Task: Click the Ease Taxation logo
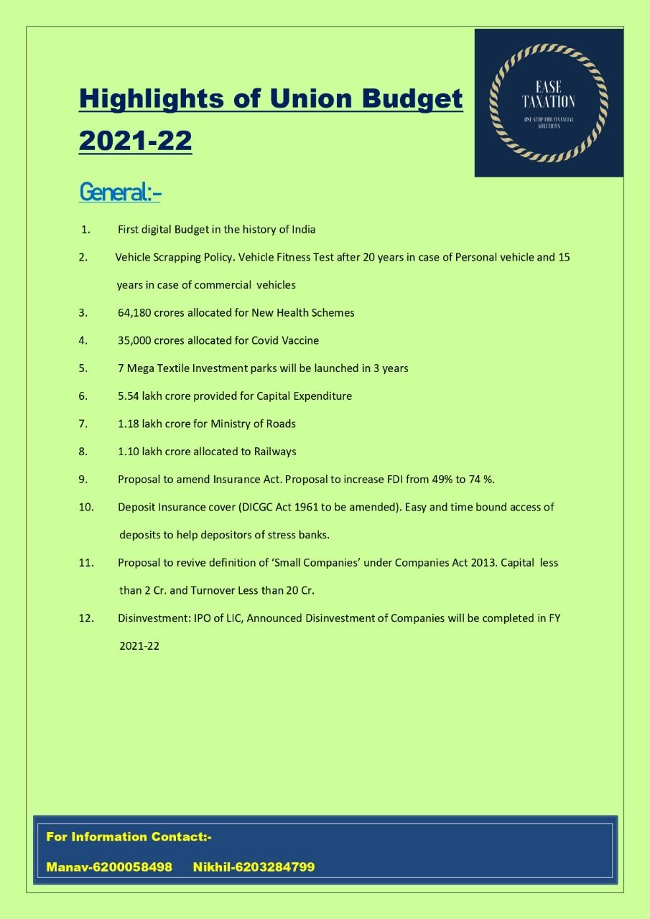[549, 103]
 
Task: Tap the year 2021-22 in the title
[135, 140]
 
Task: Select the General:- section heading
[120, 192]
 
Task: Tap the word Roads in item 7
[281, 424]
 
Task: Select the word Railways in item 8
[275, 452]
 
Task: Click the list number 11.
[86, 563]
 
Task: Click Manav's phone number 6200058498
[132, 867]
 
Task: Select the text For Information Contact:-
[129, 836]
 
